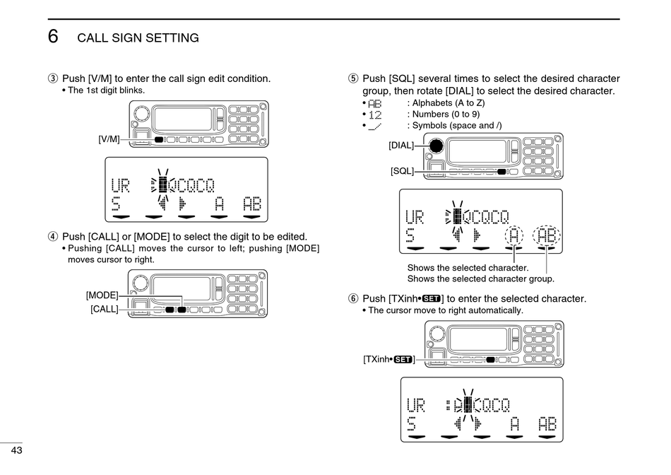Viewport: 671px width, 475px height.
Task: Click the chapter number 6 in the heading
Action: click(53, 37)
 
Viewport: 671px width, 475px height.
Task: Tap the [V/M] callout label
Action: click(109, 139)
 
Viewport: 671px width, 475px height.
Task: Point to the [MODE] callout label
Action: click(102, 295)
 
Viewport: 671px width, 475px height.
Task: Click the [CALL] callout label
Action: click(104, 309)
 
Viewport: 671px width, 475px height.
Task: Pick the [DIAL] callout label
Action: click(400, 146)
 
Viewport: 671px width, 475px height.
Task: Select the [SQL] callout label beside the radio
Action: click(402, 171)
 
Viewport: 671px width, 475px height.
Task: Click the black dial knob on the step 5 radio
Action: click(436, 146)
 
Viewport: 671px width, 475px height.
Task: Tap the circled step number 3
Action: click(52, 78)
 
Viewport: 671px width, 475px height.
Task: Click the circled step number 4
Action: click(52, 237)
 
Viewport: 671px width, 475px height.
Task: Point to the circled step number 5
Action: click(353, 78)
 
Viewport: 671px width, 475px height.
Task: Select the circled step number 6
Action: click(353, 299)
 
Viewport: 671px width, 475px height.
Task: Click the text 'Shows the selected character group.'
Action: click(480, 278)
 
